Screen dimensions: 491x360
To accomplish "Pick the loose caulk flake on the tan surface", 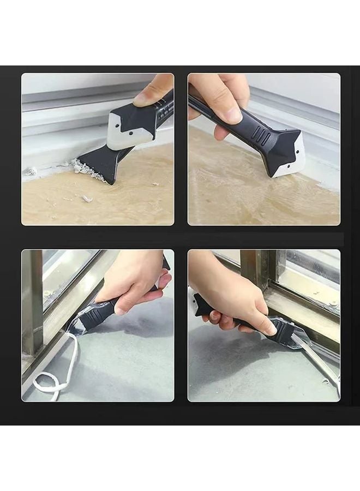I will click(x=86, y=199).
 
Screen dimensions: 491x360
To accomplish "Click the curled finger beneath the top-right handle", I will click(x=221, y=131).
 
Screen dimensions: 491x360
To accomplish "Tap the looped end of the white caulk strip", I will click(x=49, y=382).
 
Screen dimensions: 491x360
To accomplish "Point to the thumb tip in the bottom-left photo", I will click(x=161, y=282).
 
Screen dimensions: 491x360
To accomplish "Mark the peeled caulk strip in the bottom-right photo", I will click(x=316, y=360).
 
